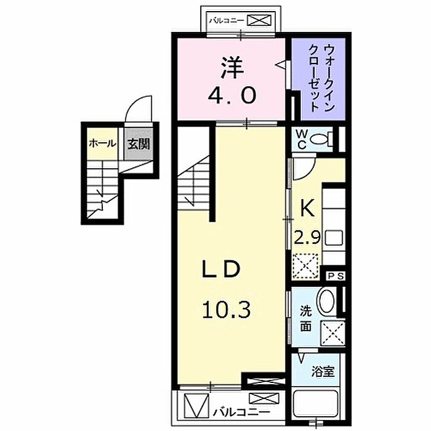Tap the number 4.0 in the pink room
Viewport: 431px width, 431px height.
(x=232, y=95)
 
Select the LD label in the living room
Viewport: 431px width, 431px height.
(x=221, y=269)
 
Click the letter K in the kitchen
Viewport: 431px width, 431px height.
(x=307, y=208)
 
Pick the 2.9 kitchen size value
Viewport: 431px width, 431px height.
(x=307, y=237)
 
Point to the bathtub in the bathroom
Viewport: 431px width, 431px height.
(x=316, y=403)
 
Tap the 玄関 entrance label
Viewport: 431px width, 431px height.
(x=139, y=143)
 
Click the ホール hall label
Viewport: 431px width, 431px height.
(x=103, y=143)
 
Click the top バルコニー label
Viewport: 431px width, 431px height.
(x=227, y=20)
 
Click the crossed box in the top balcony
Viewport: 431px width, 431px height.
(x=259, y=20)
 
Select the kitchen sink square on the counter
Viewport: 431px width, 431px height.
(x=334, y=238)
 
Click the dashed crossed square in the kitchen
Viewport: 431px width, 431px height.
(x=305, y=266)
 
